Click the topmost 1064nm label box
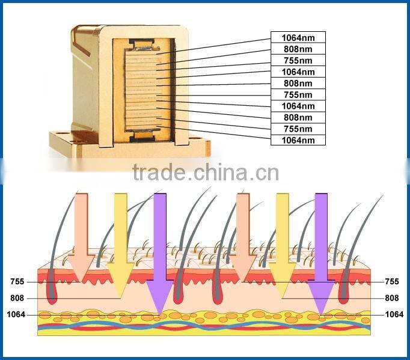point(298,37)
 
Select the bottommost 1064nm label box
point(298,140)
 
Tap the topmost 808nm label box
point(298,49)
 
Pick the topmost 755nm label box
point(298,60)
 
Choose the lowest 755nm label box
point(298,129)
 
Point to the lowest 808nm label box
point(298,117)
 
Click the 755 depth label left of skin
point(18,281)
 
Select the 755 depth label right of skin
point(392,281)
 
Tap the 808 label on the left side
point(18,297)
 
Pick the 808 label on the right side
point(392,297)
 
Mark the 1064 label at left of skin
point(16,314)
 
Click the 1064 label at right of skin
point(394,314)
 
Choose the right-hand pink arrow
point(243,234)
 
